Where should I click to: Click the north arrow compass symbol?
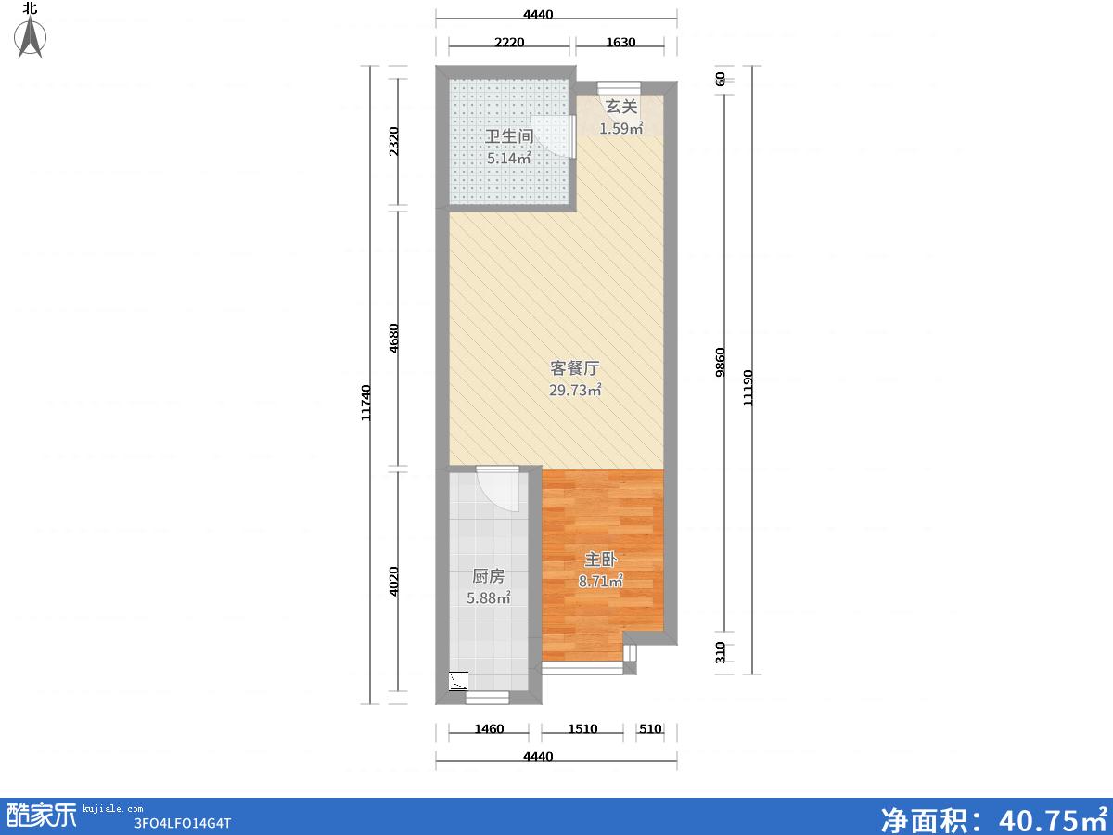point(31,37)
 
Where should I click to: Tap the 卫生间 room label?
point(509,136)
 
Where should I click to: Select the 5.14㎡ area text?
point(509,158)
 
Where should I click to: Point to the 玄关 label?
point(621,107)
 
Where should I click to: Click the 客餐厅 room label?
point(575,368)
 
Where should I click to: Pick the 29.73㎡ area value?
point(576,390)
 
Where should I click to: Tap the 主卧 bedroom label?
point(601,559)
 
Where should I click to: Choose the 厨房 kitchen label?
point(488,576)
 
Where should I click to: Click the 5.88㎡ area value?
point(488,597)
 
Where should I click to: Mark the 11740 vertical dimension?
point(366,403)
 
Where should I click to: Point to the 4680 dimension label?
point(394,338)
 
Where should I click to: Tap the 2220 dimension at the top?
point(509,42)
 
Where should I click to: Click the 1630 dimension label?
point(620,42)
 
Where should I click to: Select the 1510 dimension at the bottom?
point(582,728)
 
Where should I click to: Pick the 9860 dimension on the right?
point(720,362)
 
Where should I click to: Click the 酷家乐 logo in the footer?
point(41,815)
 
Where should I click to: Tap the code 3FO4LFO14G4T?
point(183,823)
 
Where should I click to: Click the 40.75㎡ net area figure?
point(1053,819)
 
